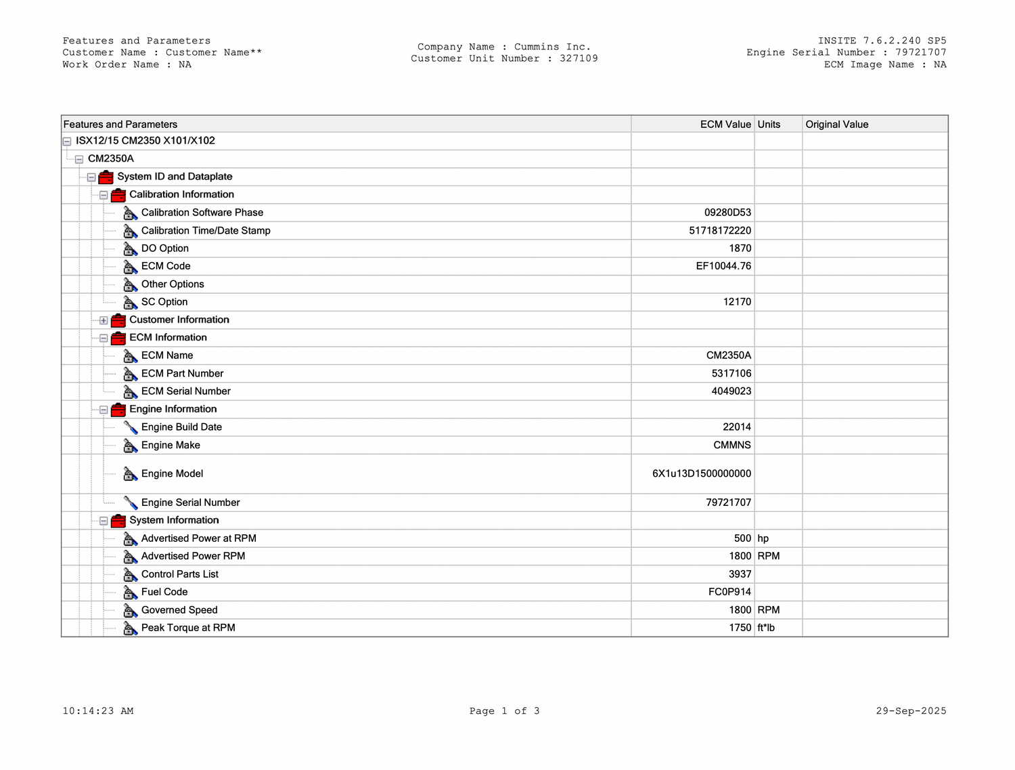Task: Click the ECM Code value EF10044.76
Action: (x=723, y=266)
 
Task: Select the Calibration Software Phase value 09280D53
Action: (x=727, y=213)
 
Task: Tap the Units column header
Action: (x=769, y=125)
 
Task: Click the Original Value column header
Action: (x=836, y=125)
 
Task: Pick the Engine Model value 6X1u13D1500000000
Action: (x=701, y=474)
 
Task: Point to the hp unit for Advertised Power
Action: (x=763, y=538)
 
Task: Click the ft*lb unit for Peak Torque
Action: (x=766, y=628)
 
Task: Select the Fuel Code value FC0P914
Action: (x=729, y=592)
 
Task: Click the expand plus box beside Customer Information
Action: (x=104, y=320)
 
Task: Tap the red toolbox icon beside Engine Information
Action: (x=118, y=410)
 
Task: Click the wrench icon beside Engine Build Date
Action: (x=131, y=427)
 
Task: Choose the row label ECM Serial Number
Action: (x=185, y=391)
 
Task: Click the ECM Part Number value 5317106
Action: (x=731, y=374)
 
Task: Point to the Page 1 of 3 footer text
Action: (x=504, y=711)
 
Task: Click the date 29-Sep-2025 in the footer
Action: (x=911, y=711)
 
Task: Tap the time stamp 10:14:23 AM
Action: (x=98, y=711)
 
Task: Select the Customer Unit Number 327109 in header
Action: (x=579, y=59)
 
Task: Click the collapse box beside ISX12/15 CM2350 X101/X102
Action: (x=67, y=142)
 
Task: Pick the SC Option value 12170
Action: (x=737, y=302)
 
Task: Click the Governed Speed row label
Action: (x=179, y=610)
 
